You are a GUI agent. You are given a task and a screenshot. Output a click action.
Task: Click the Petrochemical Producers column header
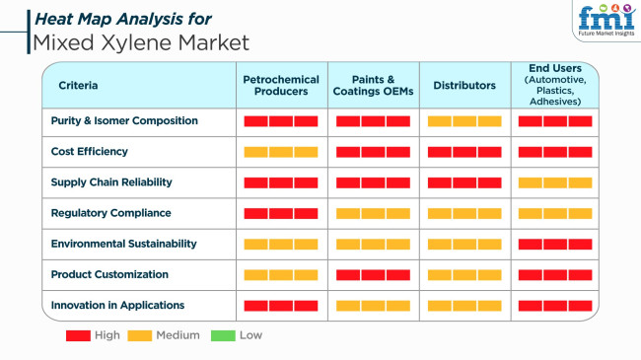pos(281,85)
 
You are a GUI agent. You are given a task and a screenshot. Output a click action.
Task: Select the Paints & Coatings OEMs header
pos(373,85)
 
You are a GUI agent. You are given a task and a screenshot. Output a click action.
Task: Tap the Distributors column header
pos(464,86)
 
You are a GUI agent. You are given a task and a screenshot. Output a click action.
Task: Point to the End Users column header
pos(555,85)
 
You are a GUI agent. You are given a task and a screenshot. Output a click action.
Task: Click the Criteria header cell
pos(78,86)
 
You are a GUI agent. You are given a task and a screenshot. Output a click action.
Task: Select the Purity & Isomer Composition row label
pos(124,121)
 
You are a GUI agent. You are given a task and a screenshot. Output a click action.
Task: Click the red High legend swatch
pos(78,335)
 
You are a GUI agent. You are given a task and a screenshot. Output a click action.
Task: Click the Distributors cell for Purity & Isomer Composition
pos(463,121)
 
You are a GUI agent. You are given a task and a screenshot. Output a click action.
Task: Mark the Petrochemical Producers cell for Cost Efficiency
pos(281,152)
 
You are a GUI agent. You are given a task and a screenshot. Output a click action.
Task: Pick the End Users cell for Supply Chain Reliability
pos(555,182)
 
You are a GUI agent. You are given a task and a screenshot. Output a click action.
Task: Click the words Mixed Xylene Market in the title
pos(140,43)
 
